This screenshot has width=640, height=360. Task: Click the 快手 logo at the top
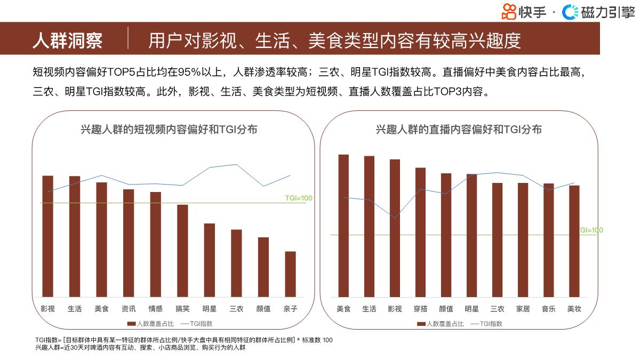point(524,12)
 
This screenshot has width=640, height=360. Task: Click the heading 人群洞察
point(67,41)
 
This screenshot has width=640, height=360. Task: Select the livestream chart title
point(459,130)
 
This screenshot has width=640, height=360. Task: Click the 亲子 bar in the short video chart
point(290,274)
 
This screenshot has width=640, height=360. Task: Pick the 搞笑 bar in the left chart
point(182,251)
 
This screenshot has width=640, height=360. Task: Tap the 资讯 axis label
point(129,309)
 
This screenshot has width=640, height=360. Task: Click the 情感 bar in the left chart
point(155,244)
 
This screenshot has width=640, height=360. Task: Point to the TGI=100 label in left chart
point(299,198)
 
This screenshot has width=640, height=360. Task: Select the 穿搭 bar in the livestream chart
point(420,232)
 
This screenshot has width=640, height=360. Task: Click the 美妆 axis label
point(574,309)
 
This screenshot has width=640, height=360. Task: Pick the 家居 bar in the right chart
point(523,240)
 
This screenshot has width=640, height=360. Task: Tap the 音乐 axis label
point(548,309)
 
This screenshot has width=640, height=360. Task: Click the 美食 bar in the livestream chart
point(343,226)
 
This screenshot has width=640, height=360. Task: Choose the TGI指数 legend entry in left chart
point(197,324)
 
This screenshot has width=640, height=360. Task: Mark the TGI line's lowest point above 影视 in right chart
point(395,218)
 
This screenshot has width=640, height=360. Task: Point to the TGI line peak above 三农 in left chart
point(236,164)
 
